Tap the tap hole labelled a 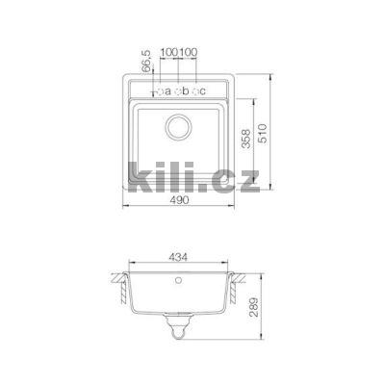point(161,91)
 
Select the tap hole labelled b point(179,91)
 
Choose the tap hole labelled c point(197,91)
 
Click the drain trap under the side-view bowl point(180,331)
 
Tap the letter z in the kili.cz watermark point(245,180)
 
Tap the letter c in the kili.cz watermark point(222,180)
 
